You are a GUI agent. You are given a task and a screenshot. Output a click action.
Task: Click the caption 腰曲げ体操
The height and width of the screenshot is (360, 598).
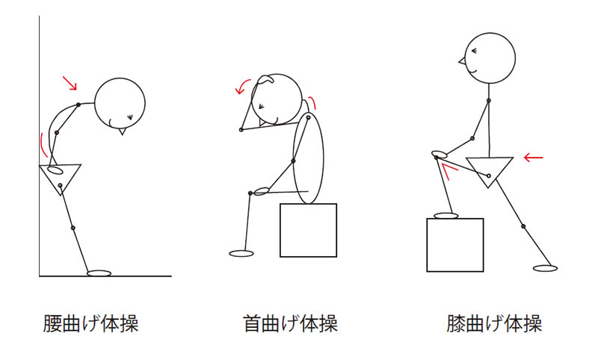90,324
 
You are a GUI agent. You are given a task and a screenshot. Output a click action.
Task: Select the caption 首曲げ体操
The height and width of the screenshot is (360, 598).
290,324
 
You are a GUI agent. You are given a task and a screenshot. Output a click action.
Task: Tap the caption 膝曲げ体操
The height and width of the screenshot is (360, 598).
494,324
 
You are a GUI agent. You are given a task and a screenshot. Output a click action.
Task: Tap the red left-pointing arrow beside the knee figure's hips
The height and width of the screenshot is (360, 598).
533,157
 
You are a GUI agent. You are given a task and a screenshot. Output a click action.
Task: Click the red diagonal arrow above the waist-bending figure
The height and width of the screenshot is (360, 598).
70,83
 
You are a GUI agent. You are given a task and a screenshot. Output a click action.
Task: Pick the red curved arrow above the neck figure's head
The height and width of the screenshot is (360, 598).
241,87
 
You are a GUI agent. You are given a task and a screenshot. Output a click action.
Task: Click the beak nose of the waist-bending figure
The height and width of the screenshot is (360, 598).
122,131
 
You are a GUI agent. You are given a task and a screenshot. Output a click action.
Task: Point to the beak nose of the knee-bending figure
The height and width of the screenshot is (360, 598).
462,60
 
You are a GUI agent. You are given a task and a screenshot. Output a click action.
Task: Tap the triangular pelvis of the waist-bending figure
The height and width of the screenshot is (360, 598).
61,178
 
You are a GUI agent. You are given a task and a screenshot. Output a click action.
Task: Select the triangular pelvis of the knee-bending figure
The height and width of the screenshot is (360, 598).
490,171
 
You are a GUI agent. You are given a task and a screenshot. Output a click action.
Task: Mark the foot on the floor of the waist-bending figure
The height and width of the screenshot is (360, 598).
99,273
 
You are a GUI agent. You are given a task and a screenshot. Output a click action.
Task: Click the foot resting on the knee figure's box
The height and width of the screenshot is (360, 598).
446,216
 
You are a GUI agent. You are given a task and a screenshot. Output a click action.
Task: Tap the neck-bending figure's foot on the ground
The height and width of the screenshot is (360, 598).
241,253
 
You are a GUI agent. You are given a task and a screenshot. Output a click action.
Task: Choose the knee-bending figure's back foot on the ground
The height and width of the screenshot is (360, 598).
546,269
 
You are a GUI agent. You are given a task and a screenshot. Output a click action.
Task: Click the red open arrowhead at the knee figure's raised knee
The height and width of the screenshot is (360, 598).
448,171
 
